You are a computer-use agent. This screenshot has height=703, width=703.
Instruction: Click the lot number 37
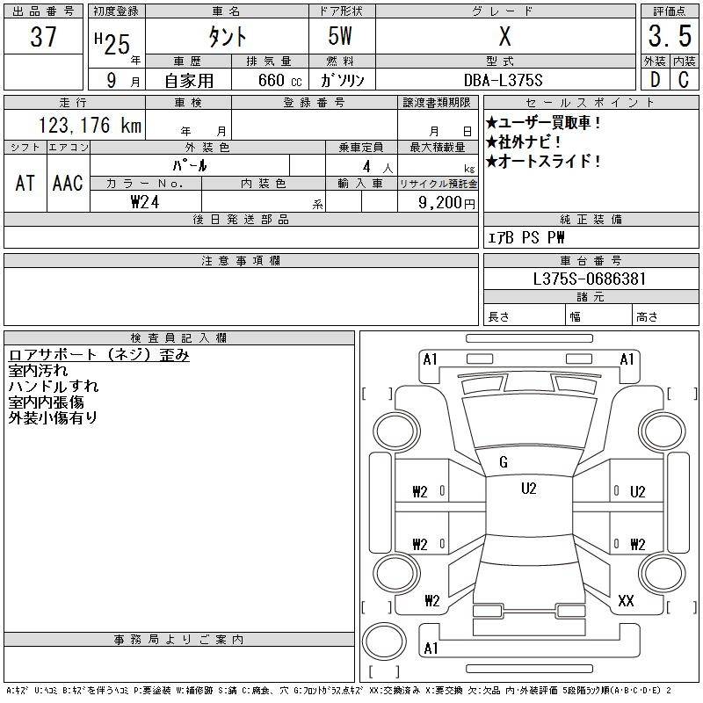pyautogui.click(x=44, y=37)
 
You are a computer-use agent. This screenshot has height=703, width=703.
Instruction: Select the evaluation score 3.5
pyautogui.click(x=668, y=37)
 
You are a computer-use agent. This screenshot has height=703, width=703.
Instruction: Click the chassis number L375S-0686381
pyautogui.click(x=591, y=279)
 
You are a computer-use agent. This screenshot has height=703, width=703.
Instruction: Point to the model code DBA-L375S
pyautogui.click(x=504, y=80)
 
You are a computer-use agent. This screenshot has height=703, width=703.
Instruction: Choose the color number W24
pyautogui.click(x=145, y=203)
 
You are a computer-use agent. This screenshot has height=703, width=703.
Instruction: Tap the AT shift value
pyautogui.click(x=25, y=183)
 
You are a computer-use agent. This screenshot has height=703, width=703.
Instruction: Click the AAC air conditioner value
pyautogui.click(x=68, y=183)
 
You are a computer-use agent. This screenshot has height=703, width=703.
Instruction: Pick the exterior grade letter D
pyautogui.click(x=654, y=80)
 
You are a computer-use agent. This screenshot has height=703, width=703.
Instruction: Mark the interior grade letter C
pyautogui.click(x=684, y=80)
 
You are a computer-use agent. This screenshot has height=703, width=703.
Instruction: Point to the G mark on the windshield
pyautogui.click(x=504, y=463)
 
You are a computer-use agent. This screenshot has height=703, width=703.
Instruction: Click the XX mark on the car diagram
pyautogui.click(x=626, y=601)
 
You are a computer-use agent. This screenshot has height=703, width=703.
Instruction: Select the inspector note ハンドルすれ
pyautogui.click(x=53, y=387)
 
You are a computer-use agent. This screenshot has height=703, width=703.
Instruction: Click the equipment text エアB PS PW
pyautogui.click(x=526, y=238)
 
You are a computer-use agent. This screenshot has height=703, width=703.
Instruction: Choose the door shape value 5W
pyautogui.click(x=343, y=37)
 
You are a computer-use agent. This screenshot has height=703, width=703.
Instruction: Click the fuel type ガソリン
pyautogui.click(x=343, y=80)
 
